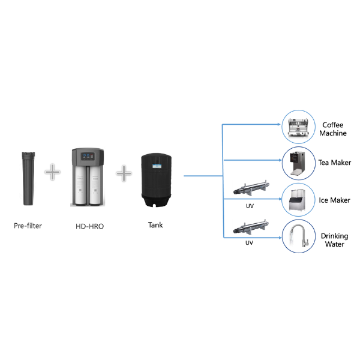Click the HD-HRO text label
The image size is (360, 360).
click(x=89, y=227)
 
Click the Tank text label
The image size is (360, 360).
click(x=155, y=226)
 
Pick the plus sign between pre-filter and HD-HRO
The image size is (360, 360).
click(x=53, y=173)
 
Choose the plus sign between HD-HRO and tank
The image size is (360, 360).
click(x=124, y=173)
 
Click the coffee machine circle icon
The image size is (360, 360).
click(x=299, y=125)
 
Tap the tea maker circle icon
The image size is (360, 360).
click(x=299, y=163)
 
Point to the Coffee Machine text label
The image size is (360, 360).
click(x=334, y=129)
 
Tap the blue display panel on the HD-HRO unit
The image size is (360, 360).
click(x=88, y=155)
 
